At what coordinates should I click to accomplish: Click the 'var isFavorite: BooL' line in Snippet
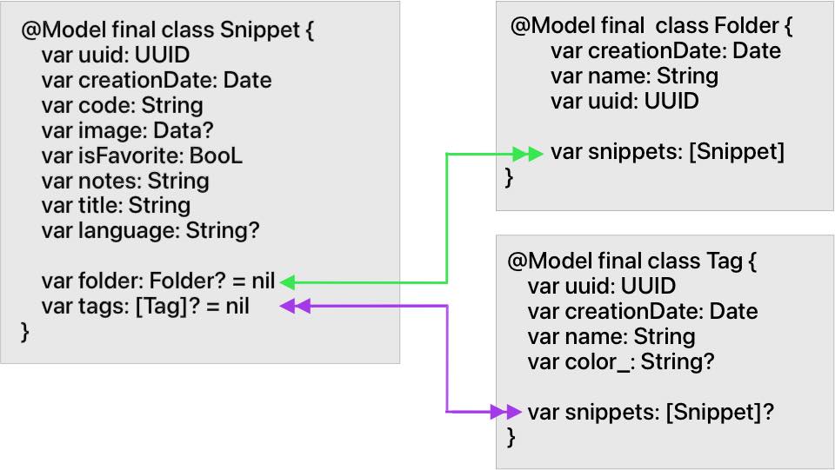pos(142,156)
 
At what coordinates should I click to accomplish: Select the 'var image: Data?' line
pos(127,131)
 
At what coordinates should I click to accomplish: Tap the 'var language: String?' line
pos(150,231)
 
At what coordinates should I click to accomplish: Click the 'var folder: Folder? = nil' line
pos(157,281)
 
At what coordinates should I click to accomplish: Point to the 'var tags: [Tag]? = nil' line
pos(144,307)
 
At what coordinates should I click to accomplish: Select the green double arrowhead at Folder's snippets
pos(528,154)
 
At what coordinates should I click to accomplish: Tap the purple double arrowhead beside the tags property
pos(296,306)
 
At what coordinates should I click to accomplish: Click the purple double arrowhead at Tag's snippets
pos(504,412)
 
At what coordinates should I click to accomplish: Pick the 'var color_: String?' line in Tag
pos(620,361)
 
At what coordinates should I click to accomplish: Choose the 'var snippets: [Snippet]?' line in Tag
pos(651,412)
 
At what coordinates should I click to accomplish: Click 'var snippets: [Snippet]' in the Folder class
pos(667,153)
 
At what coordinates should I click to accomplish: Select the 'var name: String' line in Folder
pos(634,76)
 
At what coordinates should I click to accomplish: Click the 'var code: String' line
pos(122,106)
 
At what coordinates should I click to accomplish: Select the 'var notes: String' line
pos(125,181)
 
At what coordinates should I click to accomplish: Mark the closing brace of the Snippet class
pos(25,332)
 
